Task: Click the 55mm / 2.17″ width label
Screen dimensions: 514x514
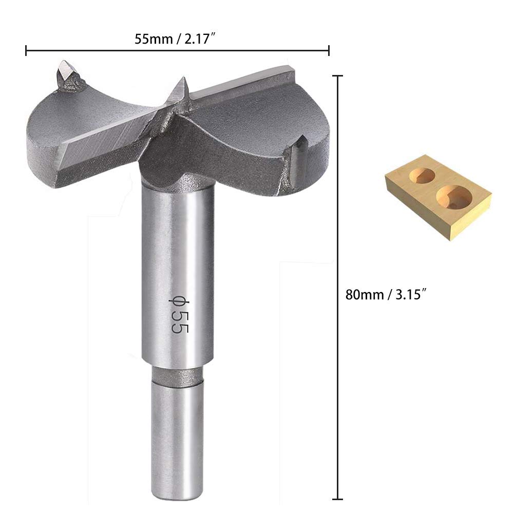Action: pos(176,39)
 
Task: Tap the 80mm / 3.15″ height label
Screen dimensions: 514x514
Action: pos(387,295)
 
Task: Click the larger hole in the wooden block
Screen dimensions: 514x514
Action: pos(454,197)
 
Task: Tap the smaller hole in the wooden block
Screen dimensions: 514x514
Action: pos(422,176)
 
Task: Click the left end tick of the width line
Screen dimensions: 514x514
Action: pos(26,51)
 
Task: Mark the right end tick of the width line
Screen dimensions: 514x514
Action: pos(329,51)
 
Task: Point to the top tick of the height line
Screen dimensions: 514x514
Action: pos(338,75)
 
